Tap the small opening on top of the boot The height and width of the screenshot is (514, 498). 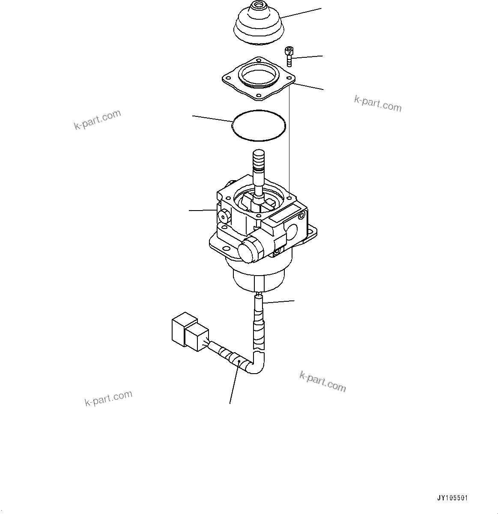click(259, 7)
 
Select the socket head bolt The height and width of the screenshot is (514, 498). click(289, 56)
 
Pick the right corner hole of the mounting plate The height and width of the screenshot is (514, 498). click(292, 77)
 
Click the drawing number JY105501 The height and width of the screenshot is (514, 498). click(452, 498)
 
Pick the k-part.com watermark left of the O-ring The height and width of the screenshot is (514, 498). click(98, 119)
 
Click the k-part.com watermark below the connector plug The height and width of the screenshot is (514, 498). click(108, 398)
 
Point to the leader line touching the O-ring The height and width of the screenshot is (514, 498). click(212, 119)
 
